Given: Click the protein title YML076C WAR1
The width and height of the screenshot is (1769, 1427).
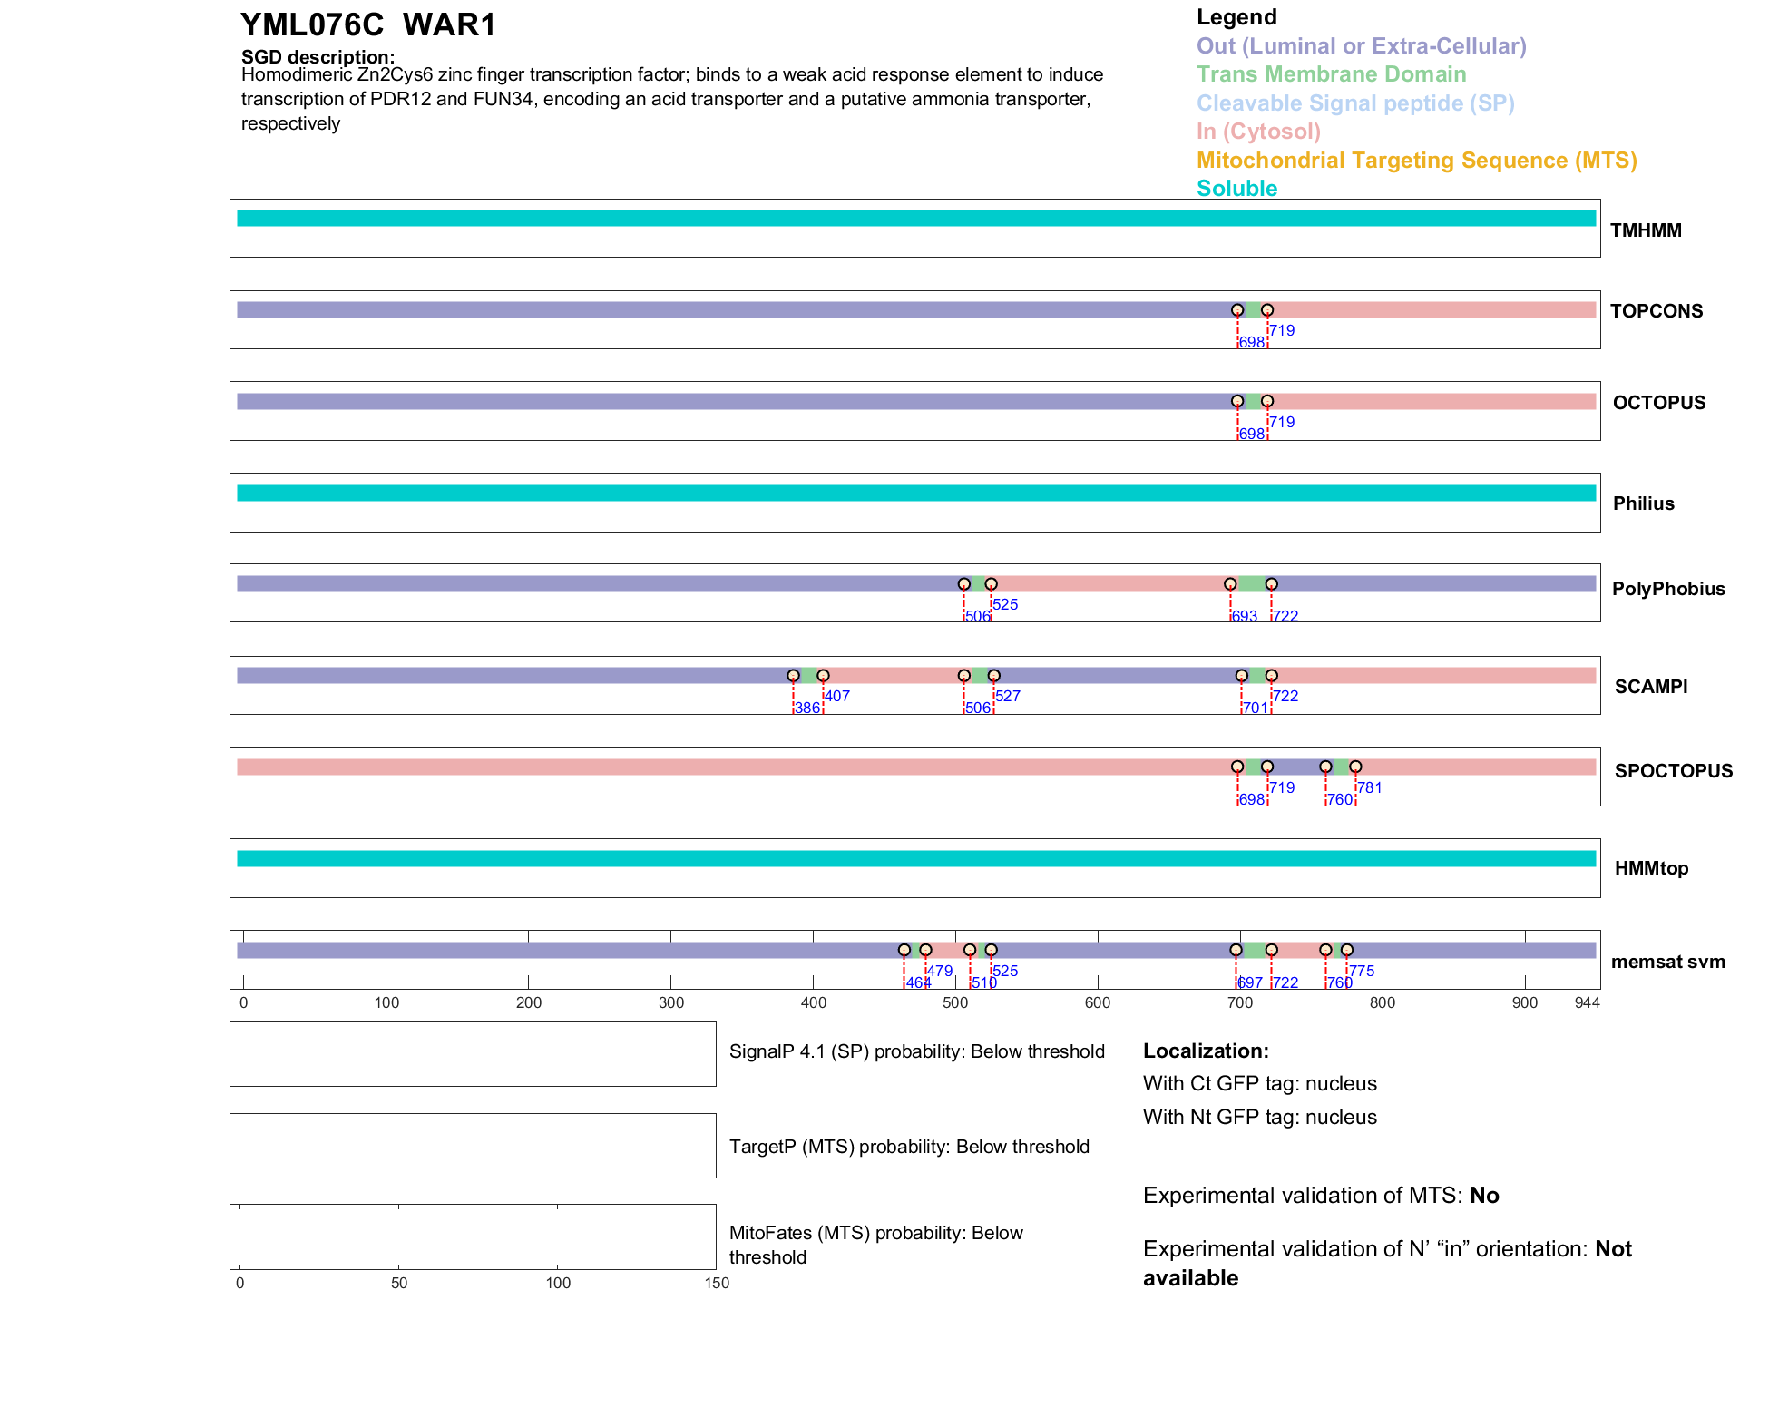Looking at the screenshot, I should [x=368, y=25].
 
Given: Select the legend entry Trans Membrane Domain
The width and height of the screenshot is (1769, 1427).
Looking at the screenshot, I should [x=1331, y=74].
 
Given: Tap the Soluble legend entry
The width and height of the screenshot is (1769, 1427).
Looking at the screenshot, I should [x=1236, y=189].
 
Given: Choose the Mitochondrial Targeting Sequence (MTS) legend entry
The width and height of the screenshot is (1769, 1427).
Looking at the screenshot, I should [x=1416, y=161].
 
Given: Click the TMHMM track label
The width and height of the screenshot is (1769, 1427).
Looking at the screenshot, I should [x=1646, y=230].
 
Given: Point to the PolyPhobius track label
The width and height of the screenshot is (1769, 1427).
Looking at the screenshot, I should [x=1668, y=589].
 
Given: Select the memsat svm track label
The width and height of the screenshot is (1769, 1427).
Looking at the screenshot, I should [x=1667, y=962].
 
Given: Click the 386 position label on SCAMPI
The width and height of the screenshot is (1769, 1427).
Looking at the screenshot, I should [x=806, y=709].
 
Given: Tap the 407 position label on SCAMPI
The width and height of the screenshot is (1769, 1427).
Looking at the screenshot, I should [x=837, y=696].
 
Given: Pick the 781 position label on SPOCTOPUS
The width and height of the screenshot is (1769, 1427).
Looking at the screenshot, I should [x=1370, y=787].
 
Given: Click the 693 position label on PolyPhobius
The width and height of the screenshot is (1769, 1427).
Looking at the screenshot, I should [x=1245, y=617].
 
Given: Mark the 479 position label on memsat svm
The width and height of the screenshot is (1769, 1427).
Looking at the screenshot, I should [x=940, y=971].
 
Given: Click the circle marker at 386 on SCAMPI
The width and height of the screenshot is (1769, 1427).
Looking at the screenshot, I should [x=794, y=676].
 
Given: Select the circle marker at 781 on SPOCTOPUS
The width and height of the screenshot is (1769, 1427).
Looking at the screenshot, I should [x=1355, y=767].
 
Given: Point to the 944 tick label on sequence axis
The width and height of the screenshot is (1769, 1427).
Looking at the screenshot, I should [x=1588, y=1002].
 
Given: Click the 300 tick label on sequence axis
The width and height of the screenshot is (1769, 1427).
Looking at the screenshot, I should [x=671, y=1002].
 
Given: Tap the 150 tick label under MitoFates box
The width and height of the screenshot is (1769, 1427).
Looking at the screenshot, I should [x=717, y=1283].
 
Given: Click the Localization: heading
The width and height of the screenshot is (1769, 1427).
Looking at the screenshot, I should [x=1206, y=1051].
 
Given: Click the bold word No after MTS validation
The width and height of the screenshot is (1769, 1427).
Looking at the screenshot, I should [x=1484, y=1196].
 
